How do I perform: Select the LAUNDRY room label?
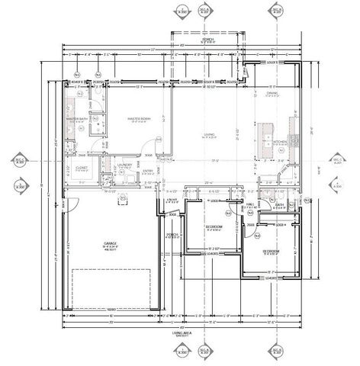[126, 164]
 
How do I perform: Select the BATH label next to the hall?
[279, 204]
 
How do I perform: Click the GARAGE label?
[111, 243]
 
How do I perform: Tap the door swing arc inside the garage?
[72, 204]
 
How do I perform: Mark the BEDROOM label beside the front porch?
[216, 227]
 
